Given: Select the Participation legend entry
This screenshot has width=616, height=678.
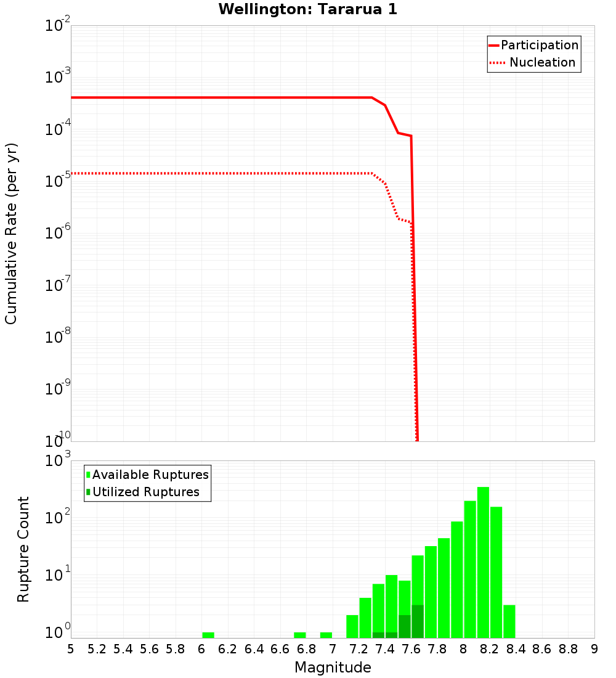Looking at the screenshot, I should [539, 45].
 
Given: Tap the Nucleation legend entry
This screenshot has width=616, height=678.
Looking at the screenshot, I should [542, 63].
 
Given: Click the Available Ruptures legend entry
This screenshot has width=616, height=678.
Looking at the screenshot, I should [150, 475].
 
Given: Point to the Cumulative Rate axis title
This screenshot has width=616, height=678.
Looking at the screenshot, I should [12, 233].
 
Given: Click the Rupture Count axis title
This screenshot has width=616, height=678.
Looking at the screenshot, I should [23, 549].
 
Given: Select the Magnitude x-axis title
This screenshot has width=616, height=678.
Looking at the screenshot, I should [333, 668].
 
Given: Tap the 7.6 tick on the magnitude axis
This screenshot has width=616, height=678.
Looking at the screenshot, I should [411, 649].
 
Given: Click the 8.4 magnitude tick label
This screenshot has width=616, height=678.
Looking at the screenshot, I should [516, 649].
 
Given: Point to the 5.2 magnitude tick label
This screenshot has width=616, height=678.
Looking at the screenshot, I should [97, 649].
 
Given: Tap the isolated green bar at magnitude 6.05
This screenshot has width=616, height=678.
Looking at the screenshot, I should [208, 635].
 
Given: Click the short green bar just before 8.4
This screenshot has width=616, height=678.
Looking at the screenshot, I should [509, 621].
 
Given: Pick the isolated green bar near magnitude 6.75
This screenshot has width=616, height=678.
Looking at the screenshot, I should [300, 635].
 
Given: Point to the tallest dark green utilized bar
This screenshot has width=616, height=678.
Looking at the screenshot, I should [418, 621].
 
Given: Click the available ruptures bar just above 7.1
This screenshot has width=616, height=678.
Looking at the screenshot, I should [352, 626].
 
